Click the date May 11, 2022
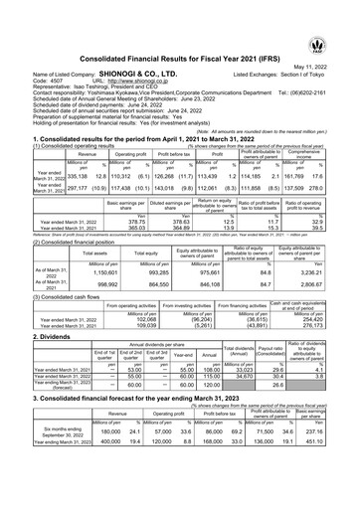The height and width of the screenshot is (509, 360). [327, 38]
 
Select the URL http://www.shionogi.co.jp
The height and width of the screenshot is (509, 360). [135, 54]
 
